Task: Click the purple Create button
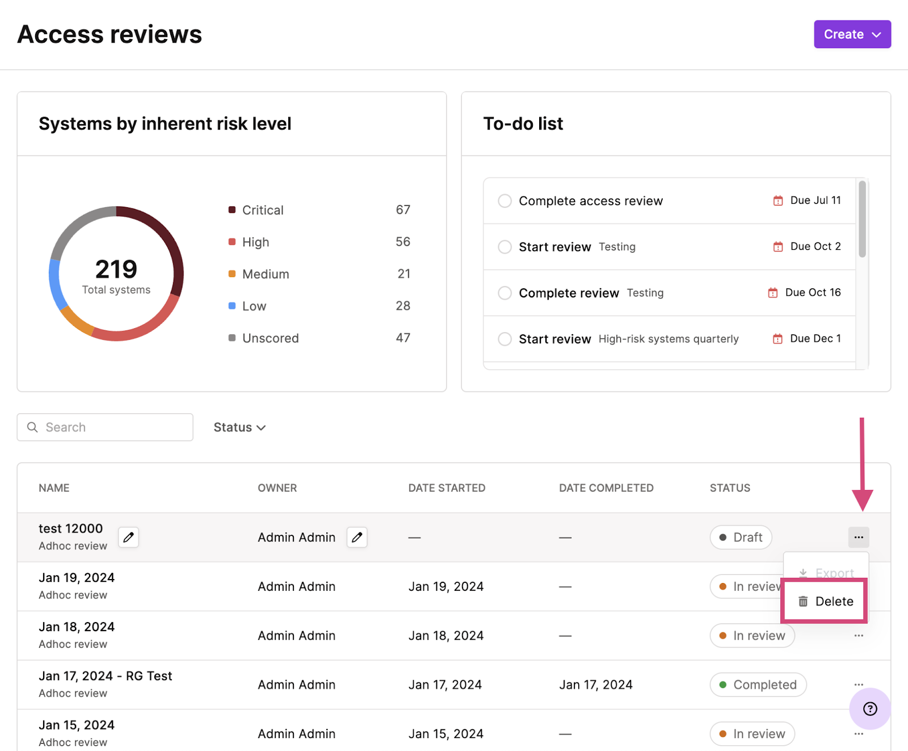(x=852, y=35)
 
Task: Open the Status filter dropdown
(x=239, y=427)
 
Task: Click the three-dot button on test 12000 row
(x=859, y=537)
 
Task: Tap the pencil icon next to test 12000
(x=129, y=537)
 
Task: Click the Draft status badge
(x=741, y=538)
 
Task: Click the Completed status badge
(x=758, y=685)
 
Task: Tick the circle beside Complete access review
(x=505, y=201)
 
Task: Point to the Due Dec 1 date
(x=815, y=339)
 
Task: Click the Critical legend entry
(x=262, y=211)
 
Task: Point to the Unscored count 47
(x=403, y=338)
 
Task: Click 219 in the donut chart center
(x=116, y=269)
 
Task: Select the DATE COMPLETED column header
(x=606, y=488)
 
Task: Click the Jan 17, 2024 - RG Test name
(x=105, y=676)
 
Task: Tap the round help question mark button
(x=870, y=708)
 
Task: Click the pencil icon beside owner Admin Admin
(x=357, y=537)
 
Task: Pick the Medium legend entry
(x=265, y=274)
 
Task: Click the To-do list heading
(x=523, y=124)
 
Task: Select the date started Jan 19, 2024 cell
(x=446, y=586)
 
